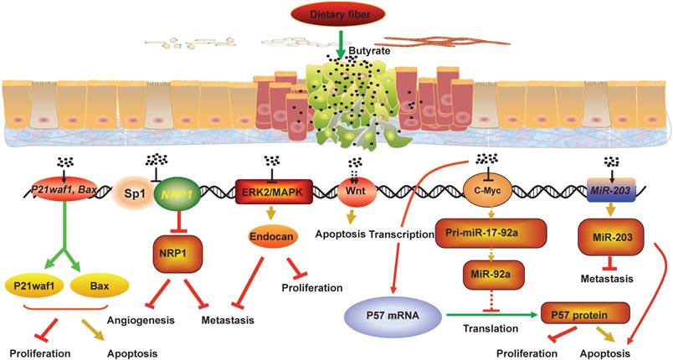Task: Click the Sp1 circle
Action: click(x=131, y=191)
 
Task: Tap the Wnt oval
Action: click(x=357, y=191)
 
